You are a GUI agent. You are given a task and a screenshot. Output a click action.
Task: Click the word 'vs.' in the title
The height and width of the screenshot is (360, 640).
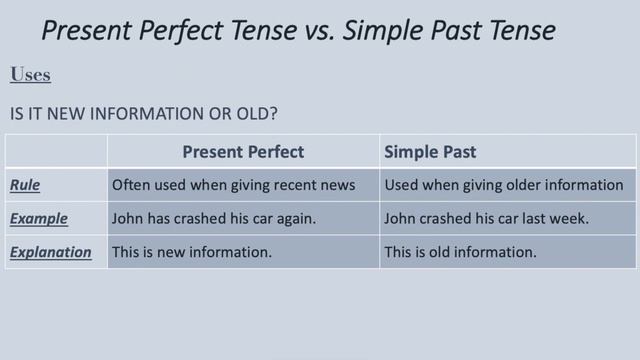(x=321, y=30)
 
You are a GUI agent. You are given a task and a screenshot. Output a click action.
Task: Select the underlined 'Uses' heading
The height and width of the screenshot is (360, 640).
(x=30, y=75)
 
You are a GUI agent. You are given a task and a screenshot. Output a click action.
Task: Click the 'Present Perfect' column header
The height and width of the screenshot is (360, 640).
(x=243, y=152)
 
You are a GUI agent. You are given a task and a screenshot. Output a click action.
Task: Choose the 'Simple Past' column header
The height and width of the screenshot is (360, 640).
(x=430, y=152)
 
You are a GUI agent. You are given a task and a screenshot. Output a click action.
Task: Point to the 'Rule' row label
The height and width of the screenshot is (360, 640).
(x=25, y=185)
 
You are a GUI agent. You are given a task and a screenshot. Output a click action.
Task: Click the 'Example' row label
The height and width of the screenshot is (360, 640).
(x=39, y=218)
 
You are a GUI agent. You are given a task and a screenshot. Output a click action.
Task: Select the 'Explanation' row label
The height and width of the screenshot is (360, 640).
(x=50, y=252)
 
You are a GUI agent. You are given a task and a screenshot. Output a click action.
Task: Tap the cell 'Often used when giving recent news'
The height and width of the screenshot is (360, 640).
(x=233, y=185)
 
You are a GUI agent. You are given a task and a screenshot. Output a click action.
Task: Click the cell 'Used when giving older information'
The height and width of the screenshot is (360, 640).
(x=503, y=185)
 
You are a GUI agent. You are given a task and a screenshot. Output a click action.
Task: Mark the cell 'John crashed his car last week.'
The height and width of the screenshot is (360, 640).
(x=487, y=218)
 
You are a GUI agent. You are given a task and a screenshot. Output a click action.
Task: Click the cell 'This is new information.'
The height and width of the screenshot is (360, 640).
(x=192, y=252)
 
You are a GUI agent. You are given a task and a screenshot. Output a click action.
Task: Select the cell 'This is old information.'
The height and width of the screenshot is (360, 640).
(x=460, y=252)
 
